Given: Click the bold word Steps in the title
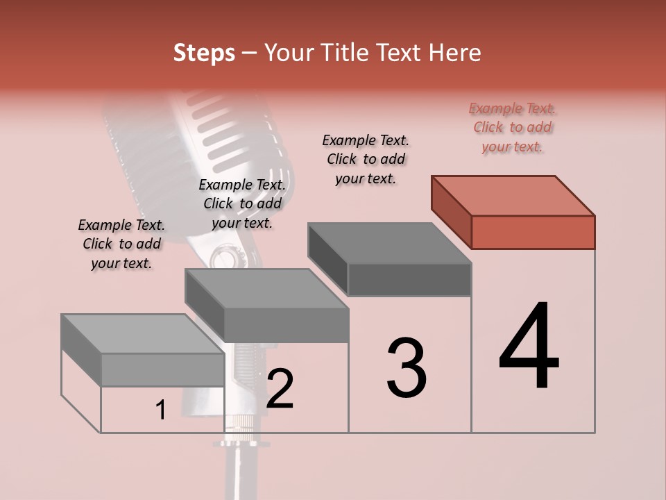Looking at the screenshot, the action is pyautogui.click(x=204, y=53).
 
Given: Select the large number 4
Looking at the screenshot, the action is pyautogui.click(x=529, y=347).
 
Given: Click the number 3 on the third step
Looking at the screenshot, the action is pyautogui.click(x=407, y=368).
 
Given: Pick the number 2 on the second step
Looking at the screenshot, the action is pyautogui.click(x=280, y=389).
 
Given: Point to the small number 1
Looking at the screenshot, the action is pyautogui.click(x=161, y=410).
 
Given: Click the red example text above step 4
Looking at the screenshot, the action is pyautogui.click(x=512, y=127).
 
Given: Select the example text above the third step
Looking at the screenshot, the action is pyautogui.click(x=366, y=159).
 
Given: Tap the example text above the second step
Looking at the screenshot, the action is pyautogui.click(x=242, y=203).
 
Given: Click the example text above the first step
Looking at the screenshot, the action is pyautogui.click(x=121, y=244).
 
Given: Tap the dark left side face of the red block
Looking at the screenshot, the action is pyautogui.click(x=451, y=212).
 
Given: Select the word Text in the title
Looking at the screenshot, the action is pyautogui.click(x=400, y=53).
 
